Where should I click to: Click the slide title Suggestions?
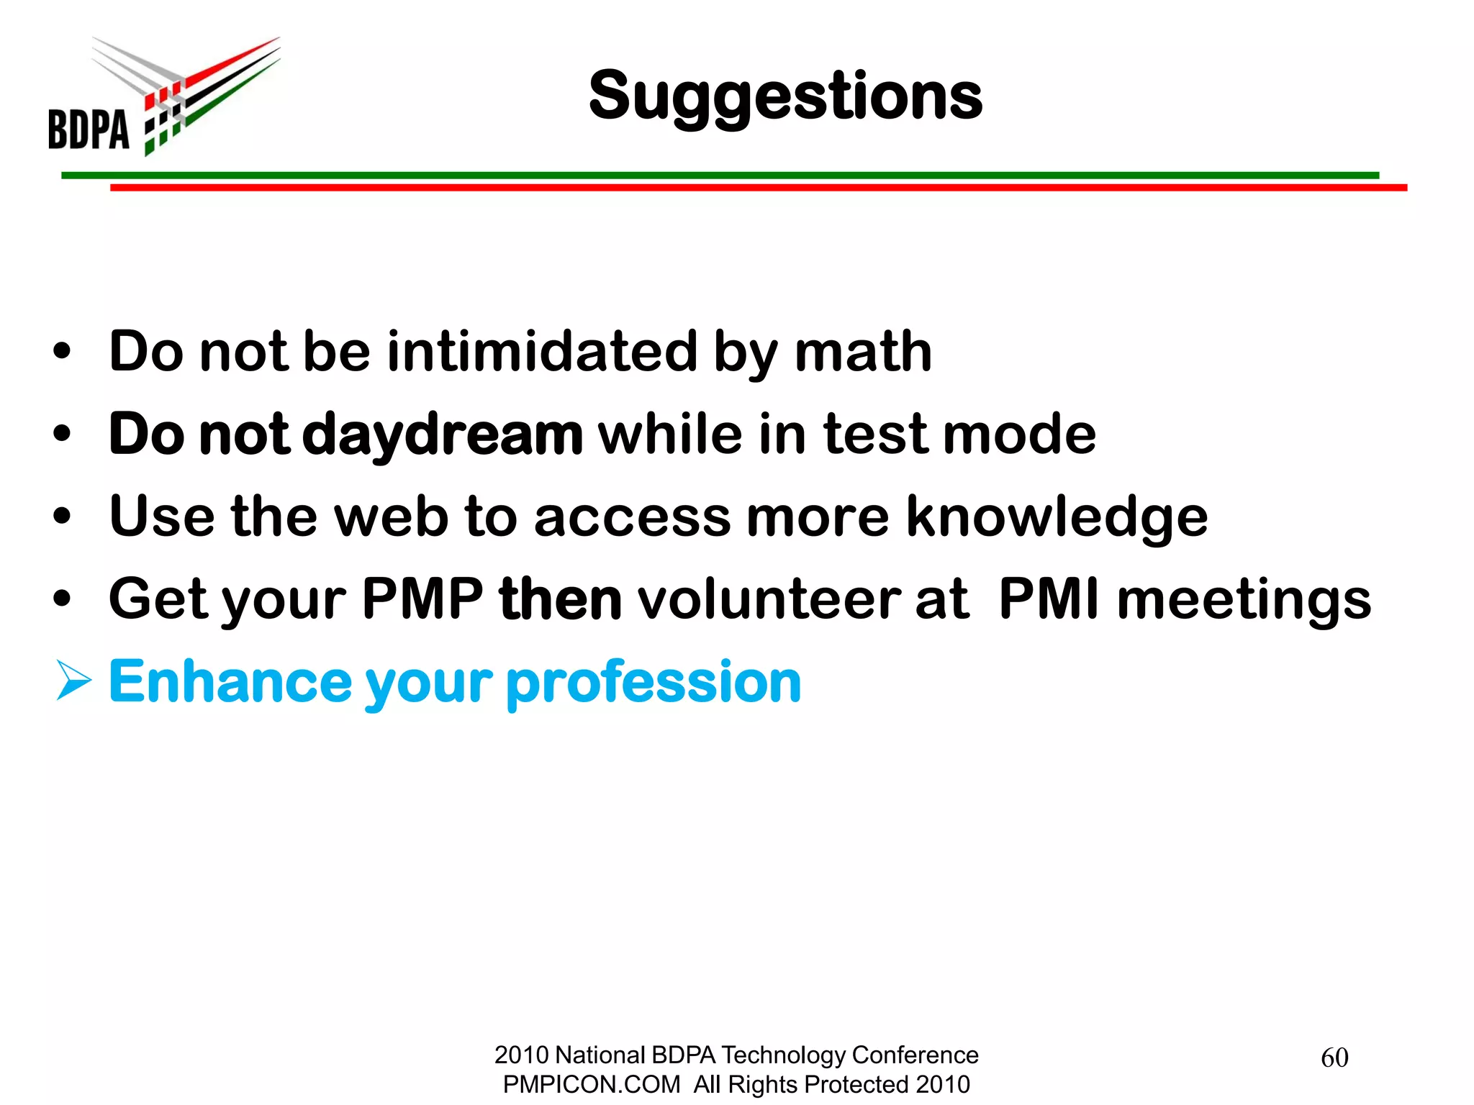(x=785, y=96)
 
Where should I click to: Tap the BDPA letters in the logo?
(x=89, y=129)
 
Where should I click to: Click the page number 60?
(x=1334, y=1058)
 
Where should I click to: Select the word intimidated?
(x=542, y=352)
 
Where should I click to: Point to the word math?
(x=863, y=352)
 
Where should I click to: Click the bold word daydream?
(x=443, y=435)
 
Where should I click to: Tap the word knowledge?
(x=1057, y=517)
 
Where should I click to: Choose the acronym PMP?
(x=422, y=599)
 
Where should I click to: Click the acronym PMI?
(x=1049, y=599)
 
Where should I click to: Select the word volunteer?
(x=769, y=599)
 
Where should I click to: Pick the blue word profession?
(x=654, y=681)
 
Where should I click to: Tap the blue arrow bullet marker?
(x=73, y=681)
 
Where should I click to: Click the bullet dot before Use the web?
(x=63, y=516)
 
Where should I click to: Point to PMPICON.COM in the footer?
(x=591, y=1084)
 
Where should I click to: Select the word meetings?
(x=1244, y=600)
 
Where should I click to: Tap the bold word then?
(x=561, y=599)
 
